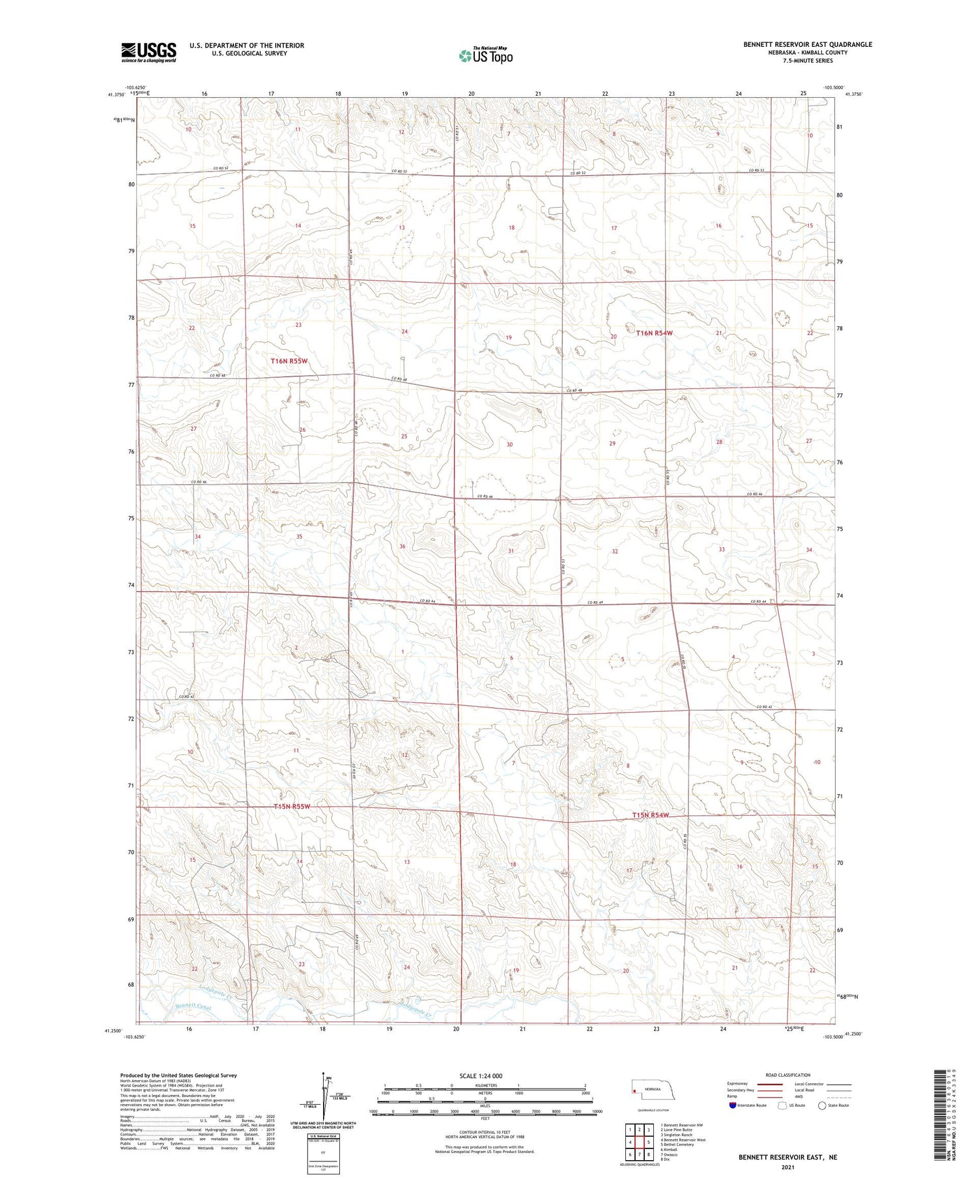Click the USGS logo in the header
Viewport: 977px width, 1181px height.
click(x=149, y=52)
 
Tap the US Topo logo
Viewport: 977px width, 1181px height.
click(x=485, y=55)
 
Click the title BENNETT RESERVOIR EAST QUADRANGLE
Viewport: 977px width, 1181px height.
click(x=808, y=44)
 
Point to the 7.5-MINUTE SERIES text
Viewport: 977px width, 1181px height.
click(x=808, y=61)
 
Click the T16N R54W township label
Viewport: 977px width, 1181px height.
click(x=654, y=333)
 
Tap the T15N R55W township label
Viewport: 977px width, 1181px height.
click(x=291, y=806)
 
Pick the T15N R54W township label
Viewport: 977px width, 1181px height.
click(x=650, y=816)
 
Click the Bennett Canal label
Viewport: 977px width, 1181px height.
click(x=193, y=1007)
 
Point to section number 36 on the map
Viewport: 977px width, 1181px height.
click(x=403, y=547)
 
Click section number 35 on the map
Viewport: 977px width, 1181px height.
click(x=299, y=537)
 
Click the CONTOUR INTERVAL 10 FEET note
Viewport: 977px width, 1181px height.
click(x=485, y=1134)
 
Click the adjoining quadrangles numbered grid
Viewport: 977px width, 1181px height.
click(x=640, y=1142)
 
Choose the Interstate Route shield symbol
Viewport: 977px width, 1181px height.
click(x=733, y=1105)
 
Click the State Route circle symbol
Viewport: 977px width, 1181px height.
click(x=822, y=1105)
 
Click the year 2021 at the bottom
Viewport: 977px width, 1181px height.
click(x=788, y=1167)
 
